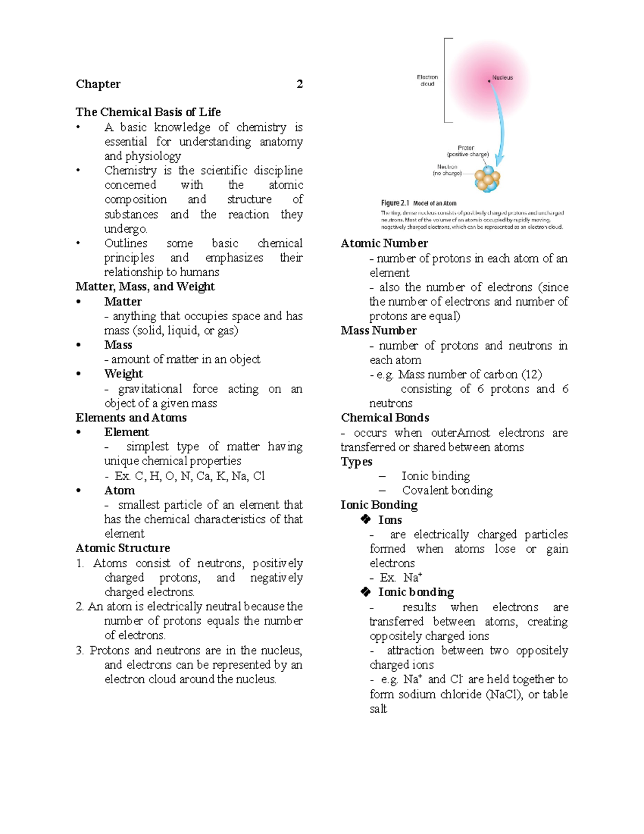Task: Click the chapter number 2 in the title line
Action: tap(299, 84)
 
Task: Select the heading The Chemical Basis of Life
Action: tap(148, 112)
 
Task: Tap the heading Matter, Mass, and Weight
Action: tap(145, 287)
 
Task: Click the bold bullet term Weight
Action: tap(123, 374)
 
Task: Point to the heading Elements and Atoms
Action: tap(131, 418)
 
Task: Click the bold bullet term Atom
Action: tap(119, 490)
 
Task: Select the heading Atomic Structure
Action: tap(122, 548)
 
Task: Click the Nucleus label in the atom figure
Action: tap(502, 78)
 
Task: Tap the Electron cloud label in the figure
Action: tap(427, 81)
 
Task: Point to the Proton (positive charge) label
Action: tap(467, 151)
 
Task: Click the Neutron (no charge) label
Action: tap(447, 170)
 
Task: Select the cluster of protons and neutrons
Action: tap(487, 179)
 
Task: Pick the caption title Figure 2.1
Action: tap(395, 204)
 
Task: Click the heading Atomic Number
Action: tap(384, 243)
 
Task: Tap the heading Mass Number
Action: tap(378, 331)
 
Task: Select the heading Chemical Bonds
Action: tap(385, 418)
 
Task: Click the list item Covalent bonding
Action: tap(447, 490)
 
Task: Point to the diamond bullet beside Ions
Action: tap(366, 519)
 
